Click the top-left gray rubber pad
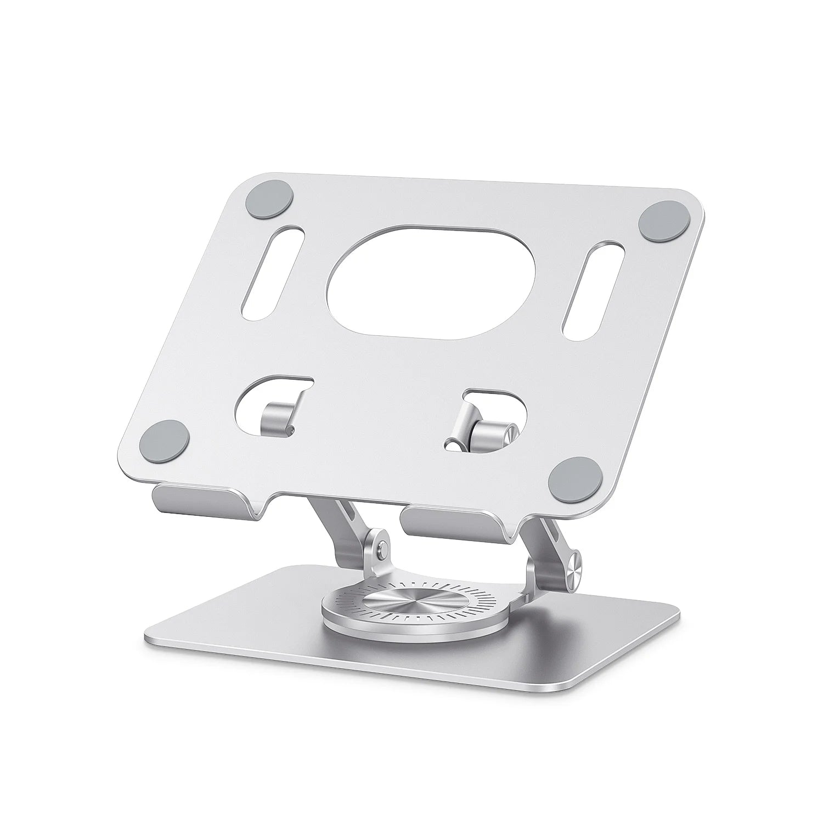tap(268, 198)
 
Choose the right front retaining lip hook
tap(450, 524)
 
